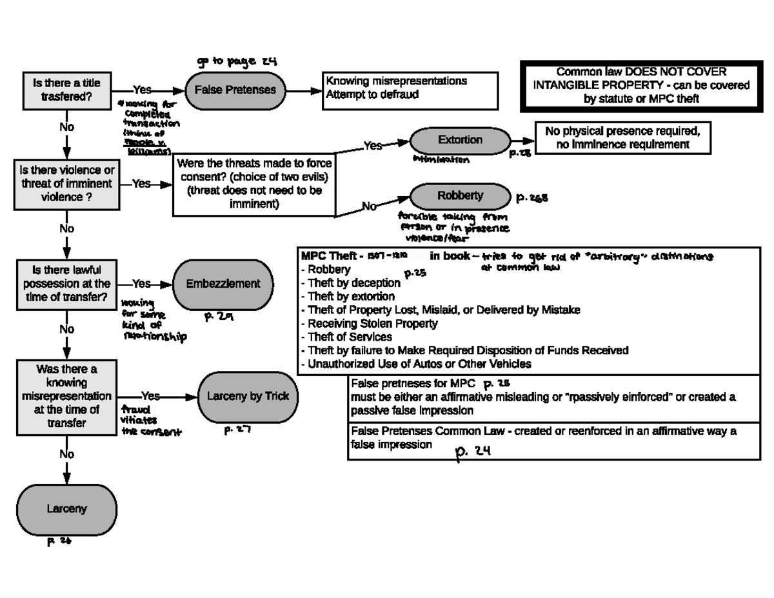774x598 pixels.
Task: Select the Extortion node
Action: click(460, 140)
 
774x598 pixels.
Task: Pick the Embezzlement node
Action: click(223, 284)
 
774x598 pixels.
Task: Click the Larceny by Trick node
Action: click(248, 397)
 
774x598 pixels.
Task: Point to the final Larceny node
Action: click(66, 509)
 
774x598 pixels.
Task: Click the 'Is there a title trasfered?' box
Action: click(66, 90)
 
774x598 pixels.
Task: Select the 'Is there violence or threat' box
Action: click(66, 184)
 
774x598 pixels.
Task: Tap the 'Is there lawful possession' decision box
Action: click(66, 284)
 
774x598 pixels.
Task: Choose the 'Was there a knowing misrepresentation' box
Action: click(66, 396)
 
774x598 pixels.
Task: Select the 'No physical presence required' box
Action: click(622, 137)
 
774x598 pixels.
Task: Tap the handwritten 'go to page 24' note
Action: click(237, 61)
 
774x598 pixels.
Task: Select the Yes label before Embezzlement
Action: click(141, 284)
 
